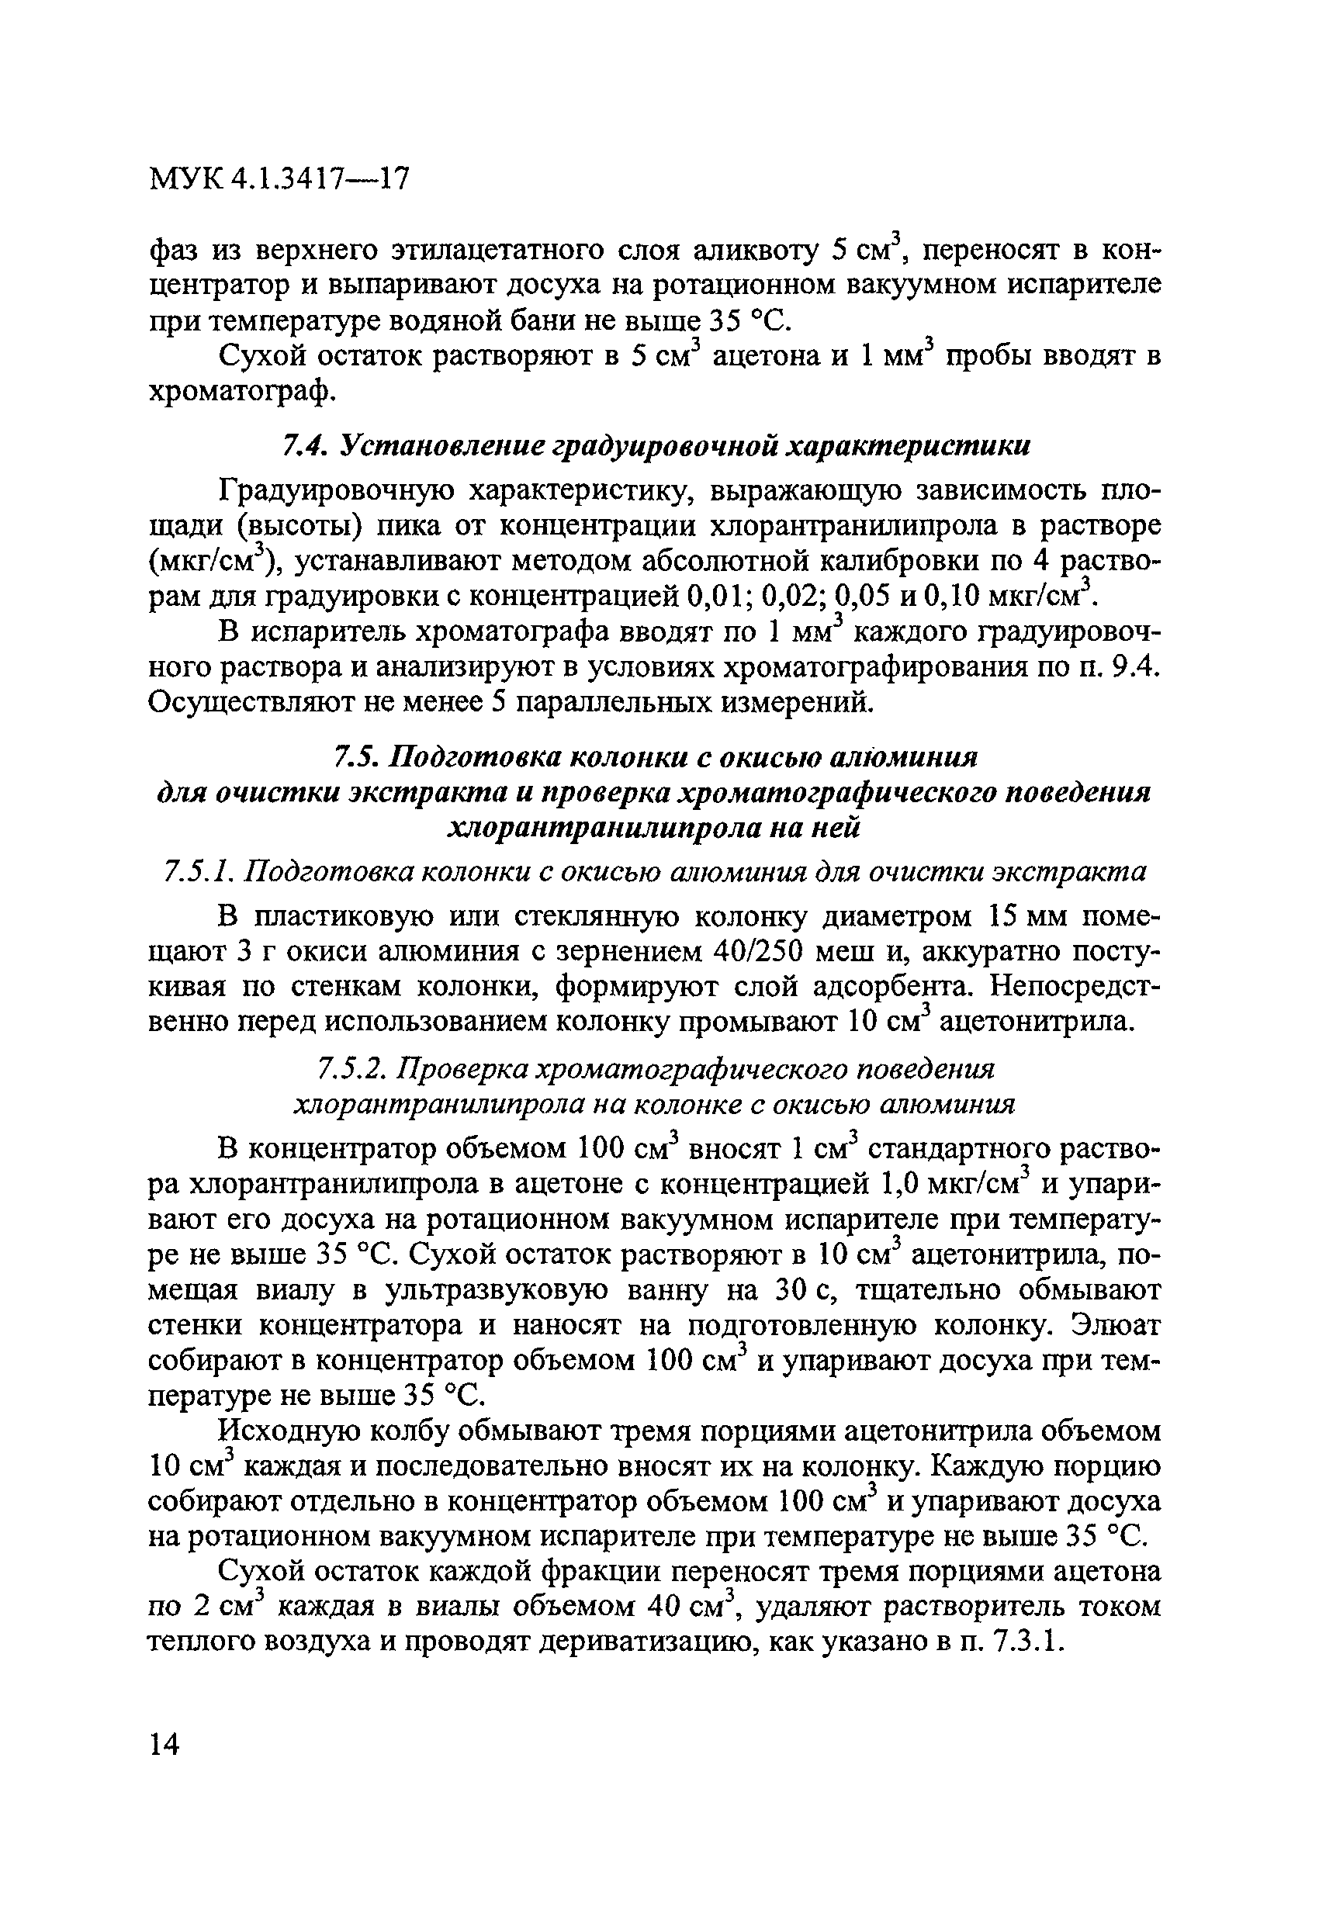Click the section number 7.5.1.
coord(199,872)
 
